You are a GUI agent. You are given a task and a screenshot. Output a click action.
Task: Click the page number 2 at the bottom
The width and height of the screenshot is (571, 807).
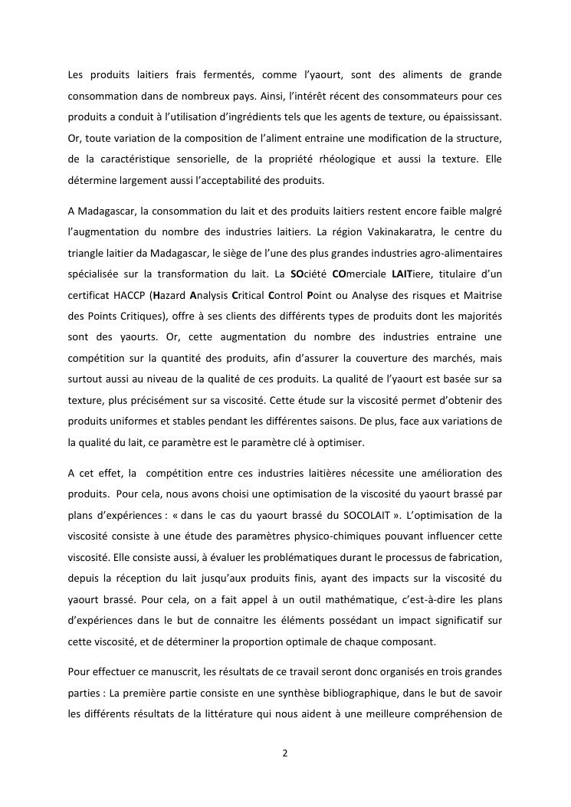pyautogui.click(x=285, y=753)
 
